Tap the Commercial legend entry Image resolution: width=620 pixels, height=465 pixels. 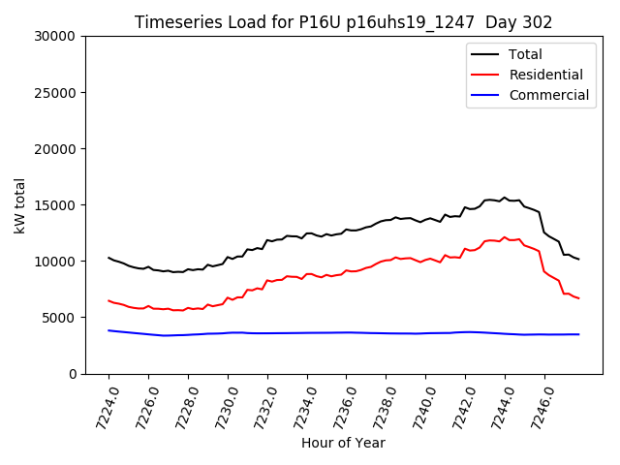pos(548,95)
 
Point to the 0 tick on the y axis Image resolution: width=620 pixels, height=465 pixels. pos(74,374)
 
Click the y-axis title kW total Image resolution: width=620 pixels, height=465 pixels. pos(20,205)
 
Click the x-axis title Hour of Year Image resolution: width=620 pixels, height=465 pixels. pos(343,444)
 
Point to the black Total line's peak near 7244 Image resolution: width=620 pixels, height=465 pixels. pos(504,198)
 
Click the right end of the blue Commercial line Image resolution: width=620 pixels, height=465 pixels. pos(578,334)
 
